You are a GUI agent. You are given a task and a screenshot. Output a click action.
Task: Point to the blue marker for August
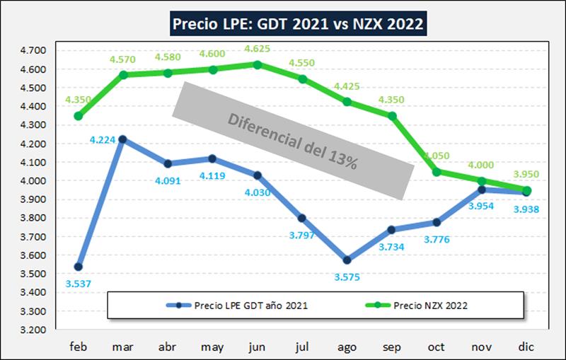coord(347,260)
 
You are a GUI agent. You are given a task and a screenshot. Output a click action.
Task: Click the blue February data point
coord(79,267)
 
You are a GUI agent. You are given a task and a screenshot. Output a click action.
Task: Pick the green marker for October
coord(437,172)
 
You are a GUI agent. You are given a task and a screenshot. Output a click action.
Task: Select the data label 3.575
coord(347,277)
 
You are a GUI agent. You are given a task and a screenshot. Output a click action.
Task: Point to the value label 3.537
coord(78,284)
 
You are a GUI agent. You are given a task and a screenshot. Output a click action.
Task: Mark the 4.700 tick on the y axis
coord(31,51)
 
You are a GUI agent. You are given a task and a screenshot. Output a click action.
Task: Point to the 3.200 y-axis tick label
coord(31,330)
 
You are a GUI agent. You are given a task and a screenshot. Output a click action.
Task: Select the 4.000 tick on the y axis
coord(31,181)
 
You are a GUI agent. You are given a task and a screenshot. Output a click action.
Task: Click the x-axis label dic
coord(526,347)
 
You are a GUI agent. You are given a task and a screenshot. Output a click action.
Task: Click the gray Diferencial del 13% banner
coord(293,140)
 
